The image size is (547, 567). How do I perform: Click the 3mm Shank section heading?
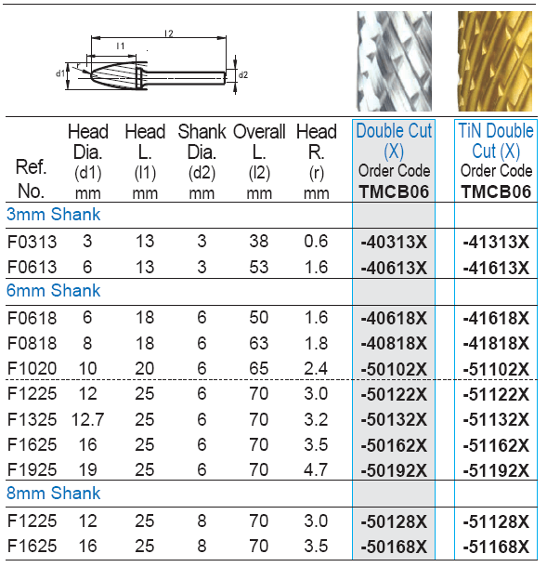[x=54, y=215]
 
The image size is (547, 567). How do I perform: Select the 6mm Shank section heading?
[x=54, y=291]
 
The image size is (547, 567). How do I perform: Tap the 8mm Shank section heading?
[x=54, y=494]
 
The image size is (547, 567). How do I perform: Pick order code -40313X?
[x=394, y=242]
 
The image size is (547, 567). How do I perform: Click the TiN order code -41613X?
[x=496, y=268]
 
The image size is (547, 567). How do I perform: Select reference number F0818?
[x=32, y=343]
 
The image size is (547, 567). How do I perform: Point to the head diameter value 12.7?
[x=87, y=419]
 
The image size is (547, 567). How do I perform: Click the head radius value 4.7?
[x=316, y=469]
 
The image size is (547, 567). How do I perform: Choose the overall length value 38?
[x=259, y=241]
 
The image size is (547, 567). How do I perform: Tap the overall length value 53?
[x=259, y=267]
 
